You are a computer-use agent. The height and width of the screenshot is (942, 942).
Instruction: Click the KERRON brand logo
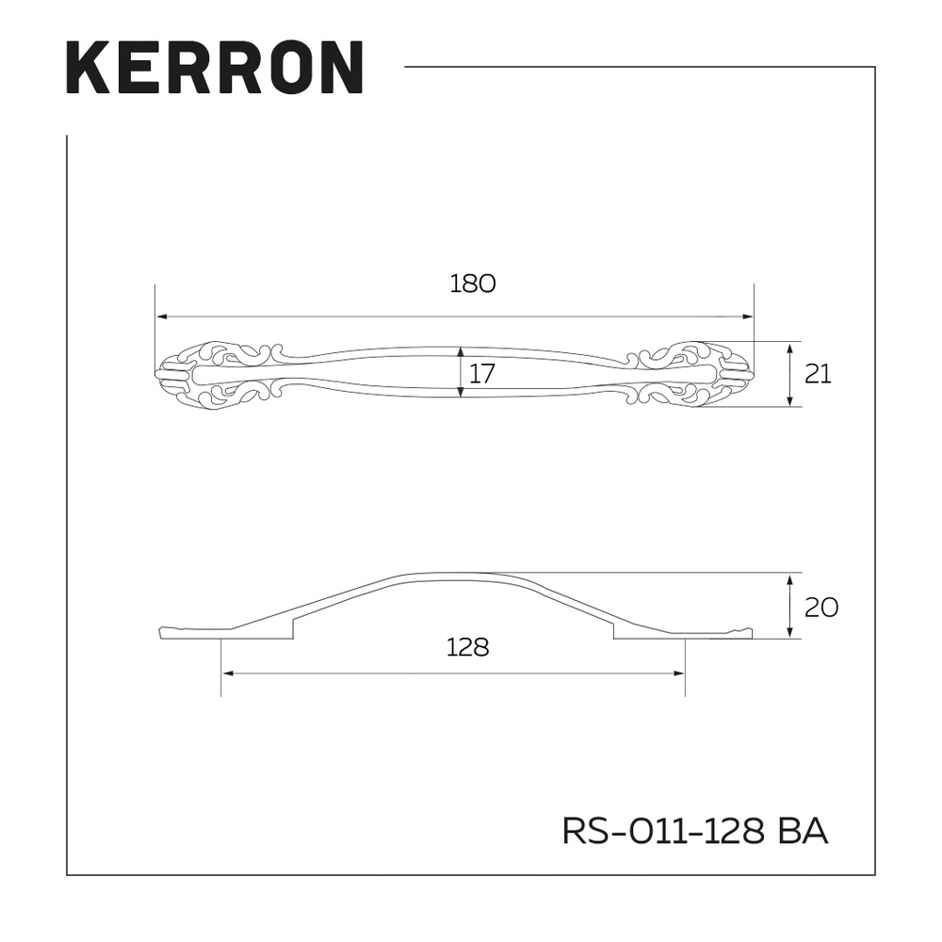[215, 67]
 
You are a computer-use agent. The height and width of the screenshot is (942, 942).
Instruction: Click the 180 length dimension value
[472, 284]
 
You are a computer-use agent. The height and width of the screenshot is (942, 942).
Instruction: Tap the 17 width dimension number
[481, 374]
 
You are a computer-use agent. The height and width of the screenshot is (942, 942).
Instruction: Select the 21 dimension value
[818, 374]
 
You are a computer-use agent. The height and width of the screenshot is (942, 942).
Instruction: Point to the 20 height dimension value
[821, 607]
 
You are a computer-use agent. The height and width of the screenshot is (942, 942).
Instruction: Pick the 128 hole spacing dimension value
[468, 648]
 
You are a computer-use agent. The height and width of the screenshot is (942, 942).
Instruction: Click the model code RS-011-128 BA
[694, 832]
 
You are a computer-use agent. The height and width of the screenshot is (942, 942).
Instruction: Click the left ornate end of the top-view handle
[212, 374]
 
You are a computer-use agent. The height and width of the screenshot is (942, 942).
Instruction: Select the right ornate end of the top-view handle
[697, 374]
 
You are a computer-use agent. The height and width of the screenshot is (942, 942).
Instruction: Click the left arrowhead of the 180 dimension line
[161, 317]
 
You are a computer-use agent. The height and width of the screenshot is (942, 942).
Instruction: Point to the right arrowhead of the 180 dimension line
[748, 317]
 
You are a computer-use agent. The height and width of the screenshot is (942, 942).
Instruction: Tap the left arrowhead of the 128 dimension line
[226, 674]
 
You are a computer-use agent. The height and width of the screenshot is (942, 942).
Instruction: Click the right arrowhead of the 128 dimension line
[678, 674]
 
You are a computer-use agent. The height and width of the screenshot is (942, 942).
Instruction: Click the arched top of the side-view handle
[452, 577]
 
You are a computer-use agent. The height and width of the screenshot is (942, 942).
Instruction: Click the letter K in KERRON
[86, 67]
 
